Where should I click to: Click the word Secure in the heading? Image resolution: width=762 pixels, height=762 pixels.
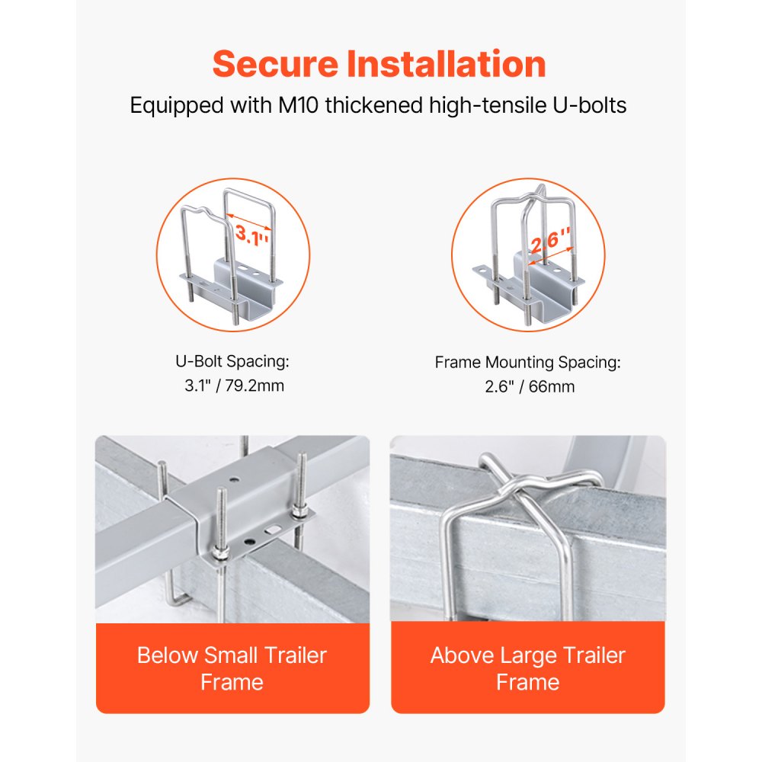(x=275, y=64)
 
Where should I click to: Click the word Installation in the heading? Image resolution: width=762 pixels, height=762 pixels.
(x=446, y=64)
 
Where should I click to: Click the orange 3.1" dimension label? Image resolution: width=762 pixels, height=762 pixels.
(x=251, y=235)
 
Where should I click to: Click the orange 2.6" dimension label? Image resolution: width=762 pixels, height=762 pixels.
(x=550, y=239)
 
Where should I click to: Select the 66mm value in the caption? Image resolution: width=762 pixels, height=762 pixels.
(x=552, y=387)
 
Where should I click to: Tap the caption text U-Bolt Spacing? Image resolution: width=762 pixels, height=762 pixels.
(x=232, y=361)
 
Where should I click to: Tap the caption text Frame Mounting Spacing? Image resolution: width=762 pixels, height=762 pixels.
(x=528, y=363)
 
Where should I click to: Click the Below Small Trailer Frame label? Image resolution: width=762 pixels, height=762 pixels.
(x=232, y=669)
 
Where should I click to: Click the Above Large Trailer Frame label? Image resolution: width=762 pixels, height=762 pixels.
(x=528, y=669)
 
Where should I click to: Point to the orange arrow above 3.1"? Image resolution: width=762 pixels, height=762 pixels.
(x=249, y=221)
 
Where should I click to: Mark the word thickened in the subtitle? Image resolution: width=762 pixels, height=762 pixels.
(x=373, y=105)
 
